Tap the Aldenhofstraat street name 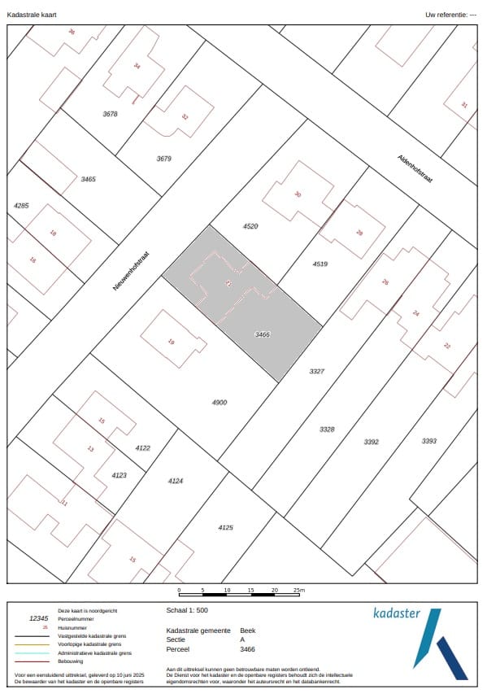415,169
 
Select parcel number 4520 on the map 250,225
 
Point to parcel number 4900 220,403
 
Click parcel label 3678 111,114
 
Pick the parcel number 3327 317,371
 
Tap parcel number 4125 225,528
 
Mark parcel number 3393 429,441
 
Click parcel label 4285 21,206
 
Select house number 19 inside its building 171,342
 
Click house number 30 298,194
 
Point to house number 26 385,282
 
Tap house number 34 137,67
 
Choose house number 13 90,448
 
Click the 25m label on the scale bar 298,590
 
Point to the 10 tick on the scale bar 227,590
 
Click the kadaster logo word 397,613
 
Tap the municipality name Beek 248,630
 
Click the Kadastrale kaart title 32,15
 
